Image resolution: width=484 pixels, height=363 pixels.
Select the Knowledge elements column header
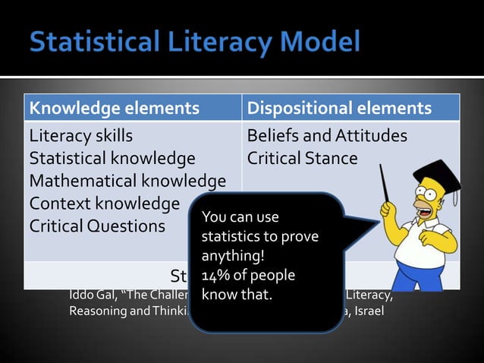(114, 109)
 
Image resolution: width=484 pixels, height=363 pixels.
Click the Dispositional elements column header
(339, 109)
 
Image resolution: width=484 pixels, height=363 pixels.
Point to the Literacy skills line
(81, 137)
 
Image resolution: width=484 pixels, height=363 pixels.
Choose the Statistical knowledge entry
(112, 159)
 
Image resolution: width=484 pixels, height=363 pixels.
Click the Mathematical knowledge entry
(127, 181)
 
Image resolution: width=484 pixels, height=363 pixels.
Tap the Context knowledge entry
(105, 204)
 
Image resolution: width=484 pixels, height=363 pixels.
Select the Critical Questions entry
(97, 226)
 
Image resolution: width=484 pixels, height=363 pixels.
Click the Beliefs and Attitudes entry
(327, 137)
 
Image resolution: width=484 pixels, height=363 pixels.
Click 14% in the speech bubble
(217, 275)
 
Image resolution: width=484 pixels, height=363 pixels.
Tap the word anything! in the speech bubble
(227, 257)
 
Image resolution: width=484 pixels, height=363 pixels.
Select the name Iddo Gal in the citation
(90, 295)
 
